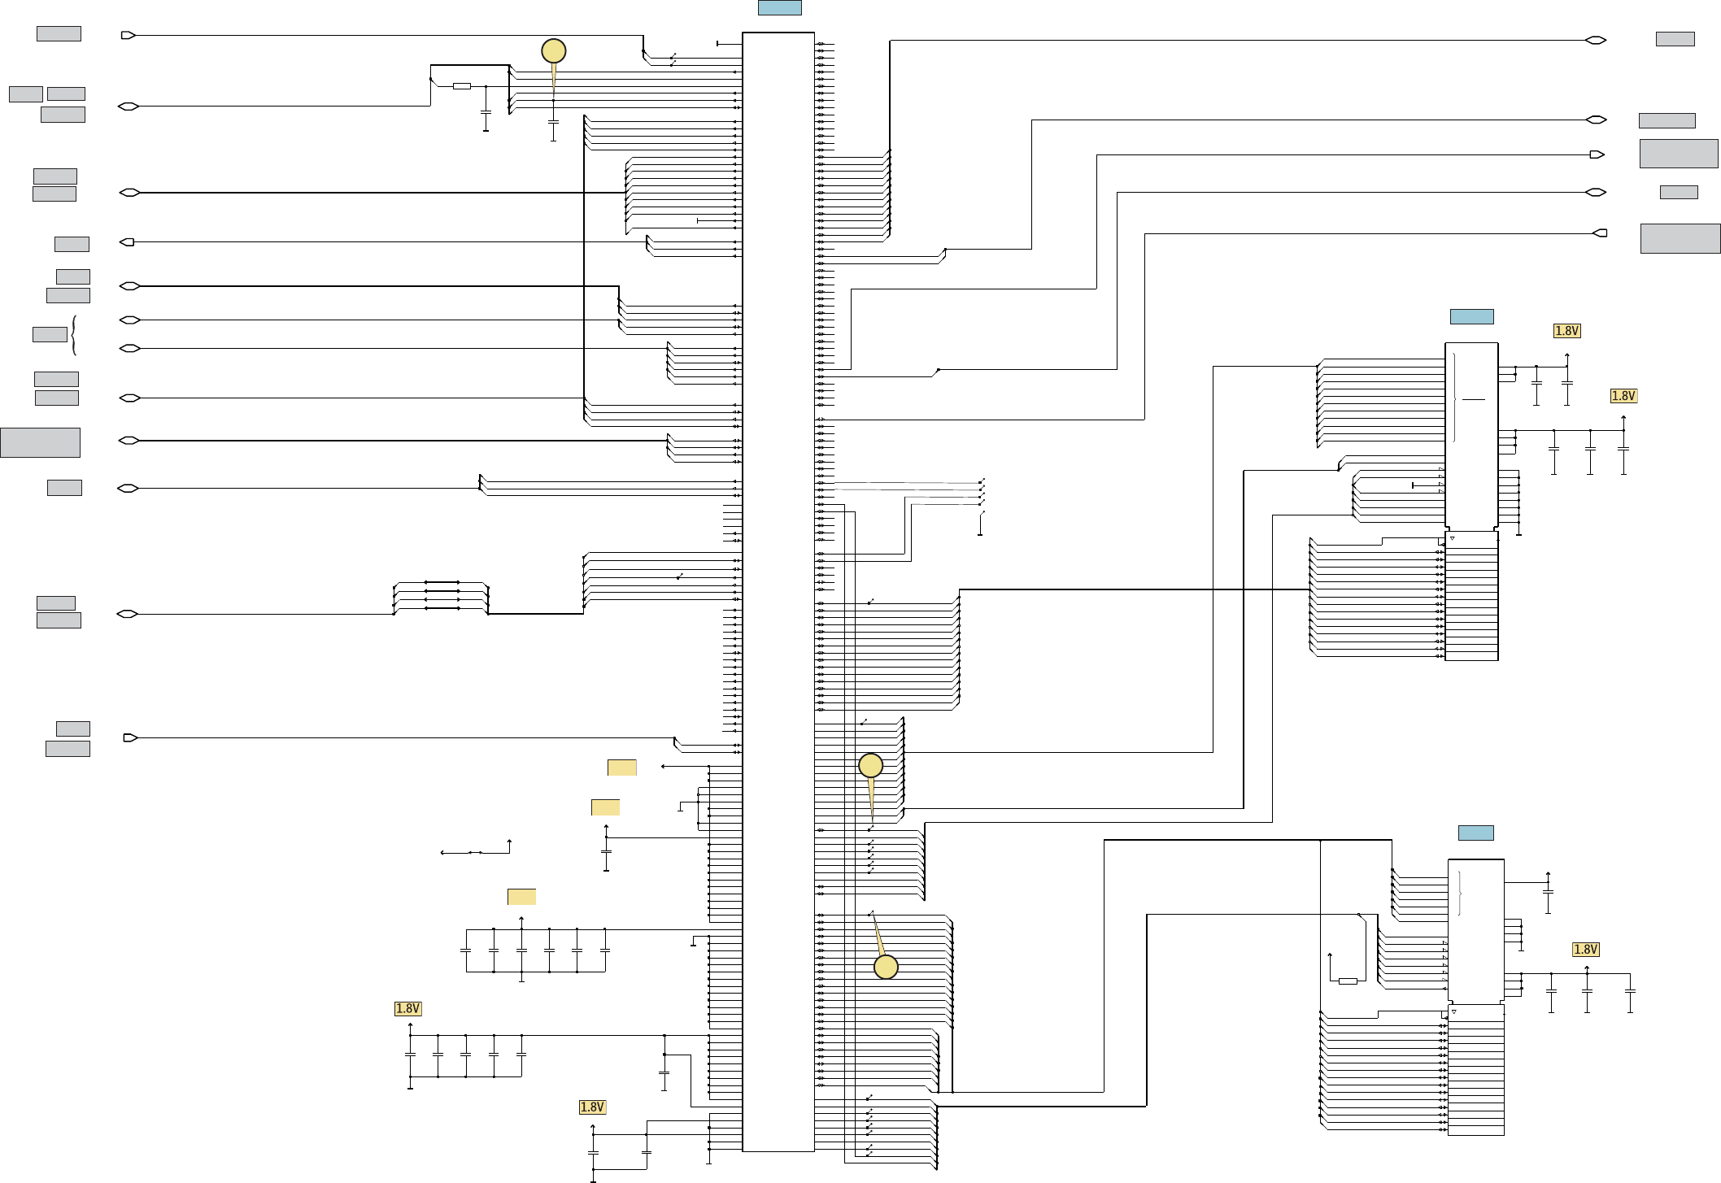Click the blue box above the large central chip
(x=779, y=7)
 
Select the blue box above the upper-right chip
(x=1471, y=316)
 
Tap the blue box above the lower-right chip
(x=1475, y=833)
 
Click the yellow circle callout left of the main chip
(x=553, y=51)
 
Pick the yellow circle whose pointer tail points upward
(x=886, y=967)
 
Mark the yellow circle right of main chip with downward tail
(x=870, y=765)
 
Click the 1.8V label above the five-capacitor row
(x=407, y=1008)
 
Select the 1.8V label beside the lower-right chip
(x=1585, y=949)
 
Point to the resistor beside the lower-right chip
(x=1348, y=981)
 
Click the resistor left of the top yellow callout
(x=461, y=85)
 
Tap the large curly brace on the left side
(x=74, y=335)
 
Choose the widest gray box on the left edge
(x=40, y=442)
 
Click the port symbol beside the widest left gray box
(x=129, y=441)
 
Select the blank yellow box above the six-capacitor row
(x=521, y=896)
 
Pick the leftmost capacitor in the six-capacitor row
(x=465, y=950)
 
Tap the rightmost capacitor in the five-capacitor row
(x=521, y=1055)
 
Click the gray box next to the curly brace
(x=50, y=334)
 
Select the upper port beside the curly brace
(x=129, y=320)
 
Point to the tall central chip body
(x=778, y=591)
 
